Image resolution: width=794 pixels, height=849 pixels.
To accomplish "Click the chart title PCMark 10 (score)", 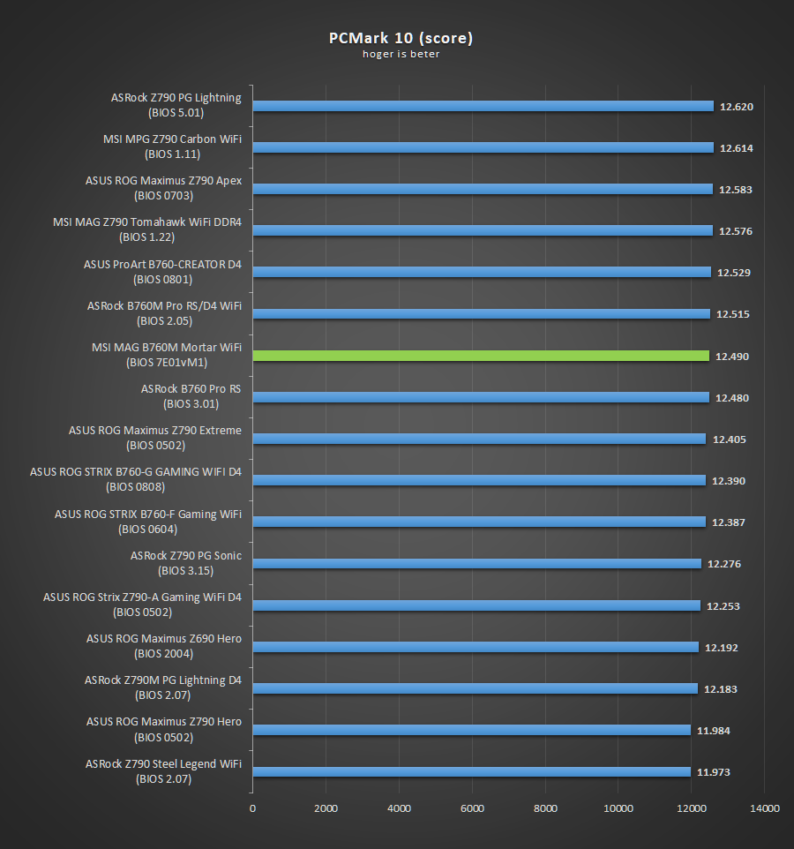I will coord(400,38).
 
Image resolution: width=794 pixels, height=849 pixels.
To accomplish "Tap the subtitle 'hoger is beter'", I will coord(401,54).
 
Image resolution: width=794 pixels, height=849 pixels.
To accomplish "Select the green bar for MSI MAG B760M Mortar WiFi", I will coord(481,356).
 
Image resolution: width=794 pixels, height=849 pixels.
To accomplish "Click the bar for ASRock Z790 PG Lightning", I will coord(483,106).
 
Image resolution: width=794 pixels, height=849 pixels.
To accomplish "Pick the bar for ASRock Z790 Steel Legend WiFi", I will coord(471,772).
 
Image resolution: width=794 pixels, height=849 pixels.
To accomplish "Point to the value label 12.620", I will coord(737,106).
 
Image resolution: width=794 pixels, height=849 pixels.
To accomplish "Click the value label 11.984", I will coord(714,731).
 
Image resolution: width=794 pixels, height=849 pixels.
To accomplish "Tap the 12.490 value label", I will coord(732,356).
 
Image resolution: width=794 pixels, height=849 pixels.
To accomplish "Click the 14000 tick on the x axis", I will coord(764,809).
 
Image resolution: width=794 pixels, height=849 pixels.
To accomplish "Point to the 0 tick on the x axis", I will coord(252,809).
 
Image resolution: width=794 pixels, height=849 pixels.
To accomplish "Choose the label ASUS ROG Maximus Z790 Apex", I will coord(163,181).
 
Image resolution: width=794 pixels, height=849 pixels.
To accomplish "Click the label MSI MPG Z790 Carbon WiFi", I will coord(172,139).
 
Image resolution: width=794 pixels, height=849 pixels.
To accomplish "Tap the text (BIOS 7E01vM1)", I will coord(167,363).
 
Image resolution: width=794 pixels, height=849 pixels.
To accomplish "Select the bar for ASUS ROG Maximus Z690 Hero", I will coord(476,647).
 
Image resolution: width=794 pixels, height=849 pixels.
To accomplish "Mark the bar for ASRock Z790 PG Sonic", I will coord(476,564).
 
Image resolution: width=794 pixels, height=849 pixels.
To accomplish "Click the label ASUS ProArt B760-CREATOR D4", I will coord(162,264).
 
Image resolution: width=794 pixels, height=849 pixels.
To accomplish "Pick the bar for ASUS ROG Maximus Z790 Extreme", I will coord(479,439).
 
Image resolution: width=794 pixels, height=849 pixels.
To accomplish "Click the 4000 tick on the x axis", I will coord(400,809).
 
